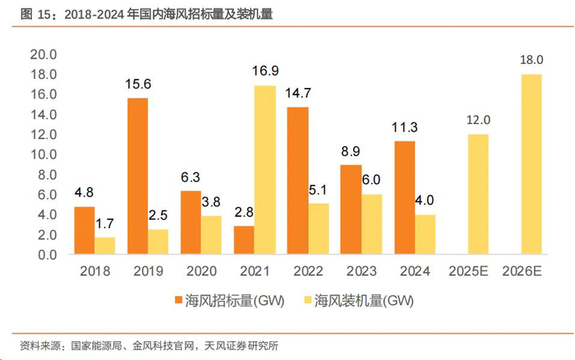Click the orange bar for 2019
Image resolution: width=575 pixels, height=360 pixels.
(x=137, y=176)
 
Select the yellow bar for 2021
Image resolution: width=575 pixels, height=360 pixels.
(x=264, y=169)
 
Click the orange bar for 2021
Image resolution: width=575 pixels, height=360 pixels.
(x=244, y=240)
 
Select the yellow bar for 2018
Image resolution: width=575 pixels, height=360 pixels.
(x=105, y=246)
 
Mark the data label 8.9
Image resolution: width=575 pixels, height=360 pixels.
(x=350, y=152)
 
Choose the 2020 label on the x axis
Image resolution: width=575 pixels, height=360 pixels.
(x=200, y=270)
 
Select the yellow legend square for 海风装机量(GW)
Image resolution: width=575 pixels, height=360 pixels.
(x=309, y=301)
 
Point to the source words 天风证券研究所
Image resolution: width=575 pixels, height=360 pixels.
(x=239, y=345)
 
